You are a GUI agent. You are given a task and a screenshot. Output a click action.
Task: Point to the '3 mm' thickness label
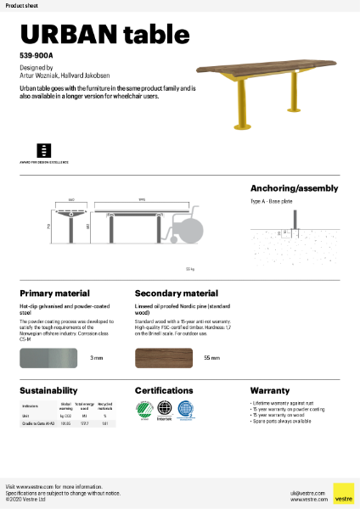97,359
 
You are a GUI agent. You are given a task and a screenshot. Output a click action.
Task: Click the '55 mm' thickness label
212,359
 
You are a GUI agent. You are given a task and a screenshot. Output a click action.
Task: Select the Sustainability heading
48,390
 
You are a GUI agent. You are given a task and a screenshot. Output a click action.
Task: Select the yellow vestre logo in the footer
343,493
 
